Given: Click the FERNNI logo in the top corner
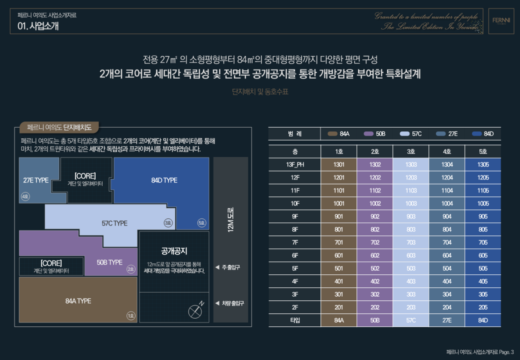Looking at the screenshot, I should [x=500, y=21].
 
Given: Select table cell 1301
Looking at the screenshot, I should [x=339, y=164].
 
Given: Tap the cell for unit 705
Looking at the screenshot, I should [x=483, y=242].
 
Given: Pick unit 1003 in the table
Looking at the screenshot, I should [x=411, y=203].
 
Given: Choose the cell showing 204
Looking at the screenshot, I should [x=447, y=307].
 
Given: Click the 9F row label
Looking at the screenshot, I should [x=294, y=216].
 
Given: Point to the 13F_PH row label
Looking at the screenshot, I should [x=294, y=164].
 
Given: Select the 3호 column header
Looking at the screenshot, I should [x=411, y=151].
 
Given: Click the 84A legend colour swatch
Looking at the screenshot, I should [x=332, y=134].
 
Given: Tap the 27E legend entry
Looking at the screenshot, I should [x=447, y=134].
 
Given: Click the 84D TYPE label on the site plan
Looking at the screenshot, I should [x=164, y=180].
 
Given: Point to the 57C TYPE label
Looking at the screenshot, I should [x=114, y=223].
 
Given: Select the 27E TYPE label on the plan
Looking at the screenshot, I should [x=36, y=180].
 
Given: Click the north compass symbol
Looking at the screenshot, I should [x=195, y=311].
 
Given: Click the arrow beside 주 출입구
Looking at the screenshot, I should [x=217, y=267].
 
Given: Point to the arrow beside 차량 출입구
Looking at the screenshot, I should [x=217, y=303].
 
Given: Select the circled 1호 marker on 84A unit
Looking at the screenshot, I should [x=130, y=315].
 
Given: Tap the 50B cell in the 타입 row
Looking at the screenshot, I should [x=375, y=320].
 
